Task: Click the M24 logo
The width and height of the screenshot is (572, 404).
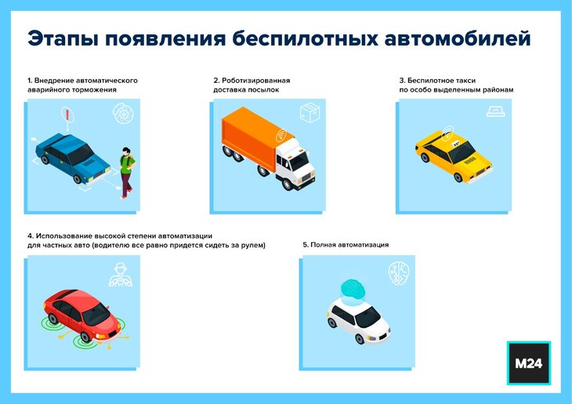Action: [529, 363]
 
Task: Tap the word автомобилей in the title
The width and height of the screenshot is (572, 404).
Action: [458, 38]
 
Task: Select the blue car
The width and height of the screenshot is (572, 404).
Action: [73, 158]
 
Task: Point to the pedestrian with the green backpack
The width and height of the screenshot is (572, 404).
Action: [127, 172]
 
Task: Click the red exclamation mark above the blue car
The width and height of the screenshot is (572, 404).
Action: [67, 114]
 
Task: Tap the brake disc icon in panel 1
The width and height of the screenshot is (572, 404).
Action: [123, 114]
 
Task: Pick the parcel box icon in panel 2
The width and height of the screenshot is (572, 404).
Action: [310, 112]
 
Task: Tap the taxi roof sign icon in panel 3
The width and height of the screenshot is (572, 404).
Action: [496, 112]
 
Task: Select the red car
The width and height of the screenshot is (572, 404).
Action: [81, 315]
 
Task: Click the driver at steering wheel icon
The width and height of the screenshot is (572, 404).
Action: [121, 274]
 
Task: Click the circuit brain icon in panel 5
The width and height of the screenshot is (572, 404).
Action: [399, 272]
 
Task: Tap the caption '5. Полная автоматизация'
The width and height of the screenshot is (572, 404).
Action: [346, 244]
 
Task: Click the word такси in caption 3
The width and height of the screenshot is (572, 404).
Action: [465, 80]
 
